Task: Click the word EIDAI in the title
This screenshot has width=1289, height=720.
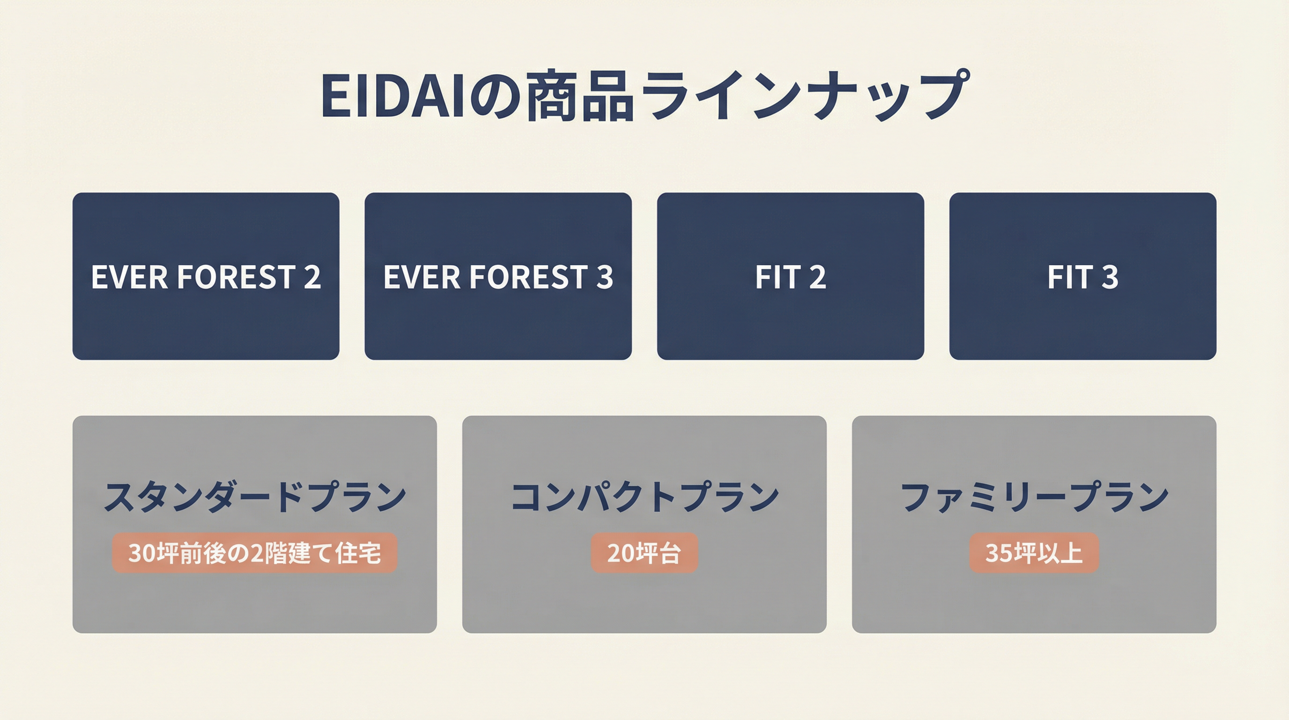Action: click(393, 96)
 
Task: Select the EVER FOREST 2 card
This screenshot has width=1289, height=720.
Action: click(206, 276)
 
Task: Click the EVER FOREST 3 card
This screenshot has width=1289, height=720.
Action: click(498, 276)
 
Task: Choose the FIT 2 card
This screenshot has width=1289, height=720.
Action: click(791, 276)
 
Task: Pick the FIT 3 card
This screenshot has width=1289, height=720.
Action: click(1083, 276)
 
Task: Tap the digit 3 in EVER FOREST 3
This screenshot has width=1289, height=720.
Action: click(605, 277)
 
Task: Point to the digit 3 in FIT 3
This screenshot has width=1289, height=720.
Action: click(1109, 277)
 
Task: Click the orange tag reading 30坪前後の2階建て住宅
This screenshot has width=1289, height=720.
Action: click(255, 553)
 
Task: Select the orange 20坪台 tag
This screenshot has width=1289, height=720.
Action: click(644, 553)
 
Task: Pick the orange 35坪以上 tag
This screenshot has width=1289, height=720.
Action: click(1034, 553)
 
